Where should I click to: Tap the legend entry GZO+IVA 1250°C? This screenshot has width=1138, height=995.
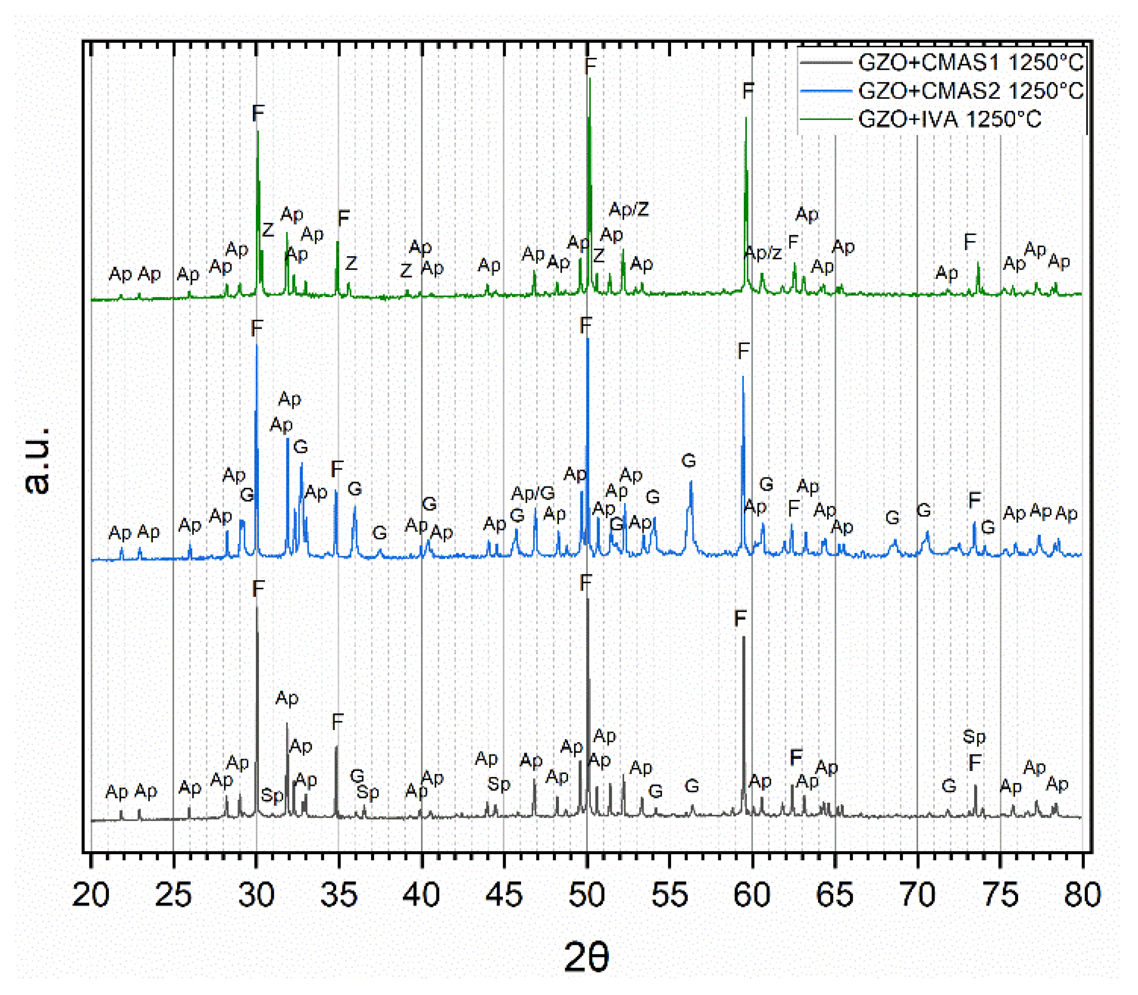(949, 119)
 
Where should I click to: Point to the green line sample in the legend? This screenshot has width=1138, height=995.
(826, 119)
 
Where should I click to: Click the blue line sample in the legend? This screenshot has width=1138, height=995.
(826, 91)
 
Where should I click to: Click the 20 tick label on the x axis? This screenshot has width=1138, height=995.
(91, 895)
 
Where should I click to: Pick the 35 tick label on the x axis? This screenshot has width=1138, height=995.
(338, 895)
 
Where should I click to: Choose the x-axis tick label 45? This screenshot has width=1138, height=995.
(504, 895)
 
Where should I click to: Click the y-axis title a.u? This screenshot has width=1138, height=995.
(38, 460)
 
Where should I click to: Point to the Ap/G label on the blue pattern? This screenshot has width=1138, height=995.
(533, 492)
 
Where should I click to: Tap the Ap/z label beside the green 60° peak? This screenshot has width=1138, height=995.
(763, 253)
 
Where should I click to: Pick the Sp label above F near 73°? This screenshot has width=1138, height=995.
(974, 737)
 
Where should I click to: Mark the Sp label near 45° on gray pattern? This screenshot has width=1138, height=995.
(498, 784)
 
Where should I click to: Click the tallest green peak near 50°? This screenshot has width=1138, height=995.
(589, 81)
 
